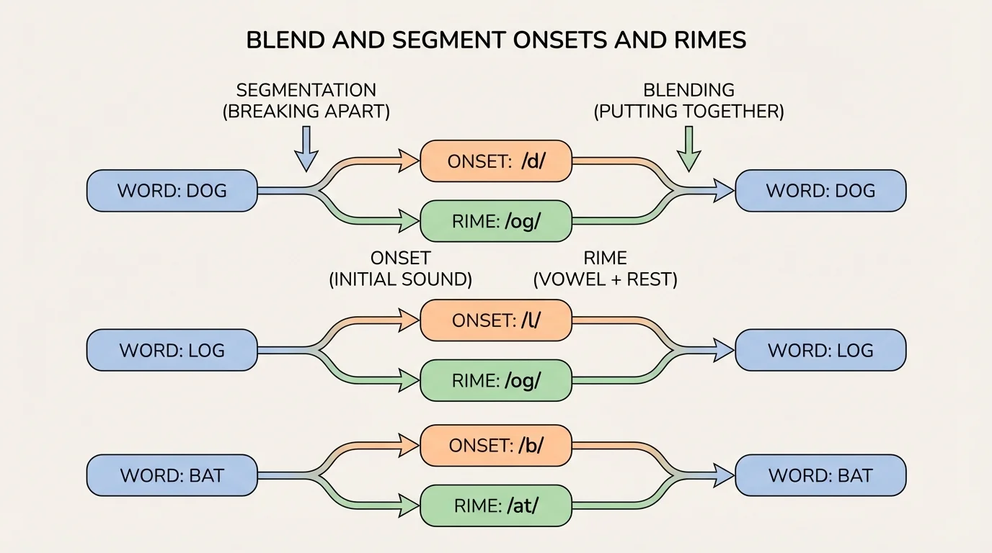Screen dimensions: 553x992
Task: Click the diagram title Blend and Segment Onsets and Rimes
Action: pyautogui.click(x=496, y=40)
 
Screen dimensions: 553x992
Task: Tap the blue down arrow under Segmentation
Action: pyautogui.click(x=306, y=148)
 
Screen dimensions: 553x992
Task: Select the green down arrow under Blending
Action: pyautogui.click(x=690, y=148)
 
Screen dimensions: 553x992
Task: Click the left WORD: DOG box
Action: pyautogui.click(x=172, y=191)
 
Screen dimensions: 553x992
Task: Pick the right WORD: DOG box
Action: pyautogui.click(x=820, y=191)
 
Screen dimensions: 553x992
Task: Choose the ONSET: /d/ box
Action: pyautogui.click(x=496, y=161)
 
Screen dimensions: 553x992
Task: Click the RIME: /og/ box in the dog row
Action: pyautogui.click(x=496, y=222)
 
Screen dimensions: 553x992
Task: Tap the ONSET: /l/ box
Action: pyautogui.click(x=496, y=320)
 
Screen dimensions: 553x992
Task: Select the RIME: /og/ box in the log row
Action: pyautogui.click(x=496, y=380)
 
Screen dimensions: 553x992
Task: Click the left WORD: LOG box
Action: pyautogui.click(x=172, y=351)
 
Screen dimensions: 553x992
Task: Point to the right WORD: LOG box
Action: pyautogui.click(x=820, y=351)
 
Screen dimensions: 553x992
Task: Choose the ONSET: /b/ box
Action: pyautogui.click(x=496, y=445)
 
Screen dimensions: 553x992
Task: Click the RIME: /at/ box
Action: pyautogui.click(x=496, y=505)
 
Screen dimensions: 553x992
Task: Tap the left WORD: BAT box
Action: pyautogui.click(x=172, y=475)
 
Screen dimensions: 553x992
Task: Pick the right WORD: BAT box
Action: pyautogui.click(x=820, y=475)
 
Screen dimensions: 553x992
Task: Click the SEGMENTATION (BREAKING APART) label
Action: pyautogui.click(x=306, y=101)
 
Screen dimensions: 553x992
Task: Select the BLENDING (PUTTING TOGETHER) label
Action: pyautogui.click(x=688, y=101)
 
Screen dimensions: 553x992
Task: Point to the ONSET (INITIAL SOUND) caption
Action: pyautogui.click(x=400, y=269)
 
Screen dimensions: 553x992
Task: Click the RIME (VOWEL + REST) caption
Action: pyautogui.click(x=605, y=269)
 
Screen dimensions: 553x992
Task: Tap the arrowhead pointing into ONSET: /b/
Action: pyautogui.click(x=409, y=445)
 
